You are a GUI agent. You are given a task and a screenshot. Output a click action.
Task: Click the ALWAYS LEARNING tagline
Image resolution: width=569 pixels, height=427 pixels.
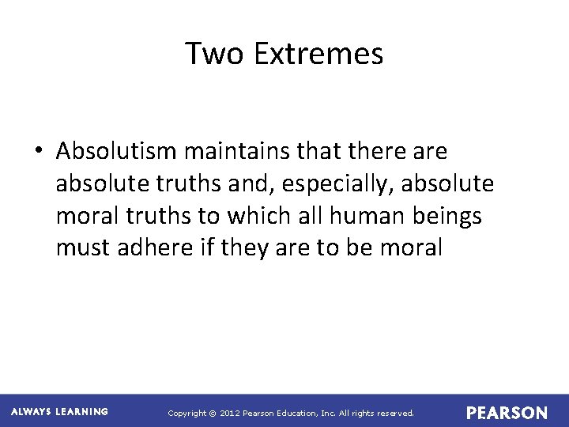click(x=59, y=412)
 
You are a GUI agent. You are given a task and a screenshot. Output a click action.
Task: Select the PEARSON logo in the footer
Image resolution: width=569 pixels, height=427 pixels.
click(x=507, y=413)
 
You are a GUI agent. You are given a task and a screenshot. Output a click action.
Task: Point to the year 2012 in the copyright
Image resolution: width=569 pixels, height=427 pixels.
click(x=230, y=413)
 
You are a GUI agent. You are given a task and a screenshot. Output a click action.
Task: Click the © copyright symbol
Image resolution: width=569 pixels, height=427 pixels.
click(x=210, y=413)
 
